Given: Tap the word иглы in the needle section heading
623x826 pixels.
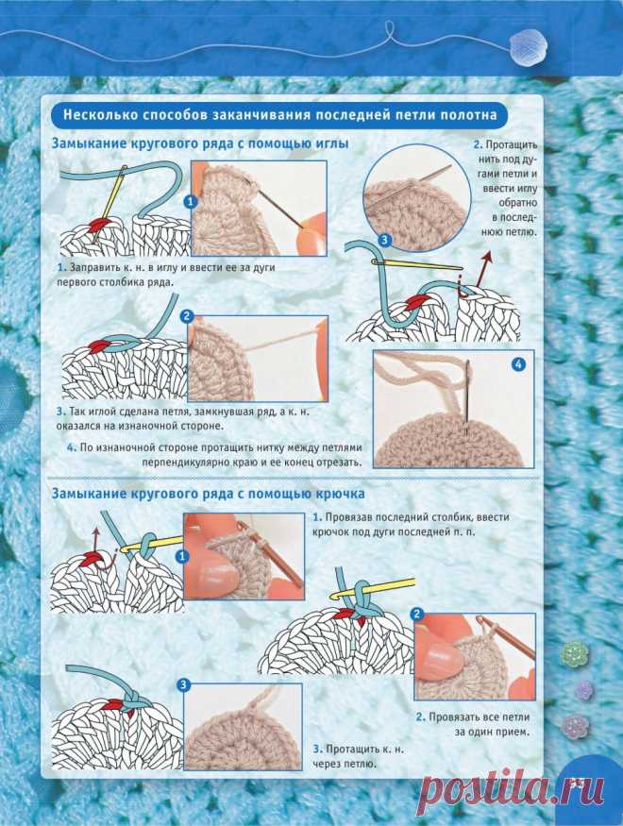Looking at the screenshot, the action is coord(331,143).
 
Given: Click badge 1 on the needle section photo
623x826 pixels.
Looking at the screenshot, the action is coord(190,202).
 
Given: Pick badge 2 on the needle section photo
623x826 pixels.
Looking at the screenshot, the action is coord(187,316).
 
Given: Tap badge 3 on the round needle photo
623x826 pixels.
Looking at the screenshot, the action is coord(385,240).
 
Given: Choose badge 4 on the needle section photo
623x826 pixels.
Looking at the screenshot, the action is coord(519,364).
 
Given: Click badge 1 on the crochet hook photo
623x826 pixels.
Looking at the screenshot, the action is coord(183,556).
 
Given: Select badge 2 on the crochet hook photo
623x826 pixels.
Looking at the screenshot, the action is coord(417,614).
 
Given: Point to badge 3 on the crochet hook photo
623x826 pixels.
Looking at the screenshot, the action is coord(183,685).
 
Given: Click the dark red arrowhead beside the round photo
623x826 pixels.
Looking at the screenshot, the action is coord(487,257).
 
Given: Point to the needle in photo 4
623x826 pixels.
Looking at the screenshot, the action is coord(467,397).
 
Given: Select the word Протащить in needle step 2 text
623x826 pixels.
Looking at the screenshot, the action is coord(512,144).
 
